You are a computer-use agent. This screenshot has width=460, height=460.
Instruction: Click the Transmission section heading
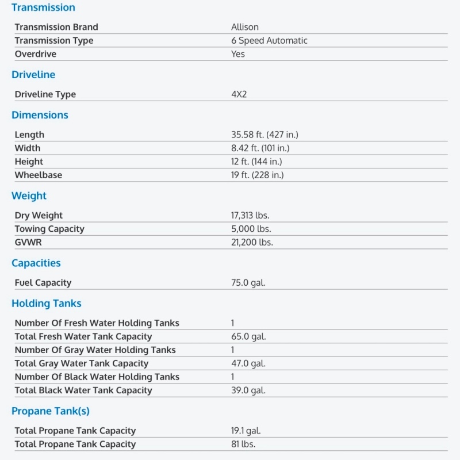tap(43, 7)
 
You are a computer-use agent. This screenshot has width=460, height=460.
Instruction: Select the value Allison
tap(245, 27)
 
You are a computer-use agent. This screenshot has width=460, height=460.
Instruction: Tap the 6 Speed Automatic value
tap(269, 41)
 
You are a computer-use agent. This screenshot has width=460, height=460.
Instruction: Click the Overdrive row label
tap(36, 54)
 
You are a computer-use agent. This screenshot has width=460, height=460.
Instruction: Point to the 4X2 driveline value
tap(239, 94)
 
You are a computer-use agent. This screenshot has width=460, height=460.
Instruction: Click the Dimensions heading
tap(40, 115)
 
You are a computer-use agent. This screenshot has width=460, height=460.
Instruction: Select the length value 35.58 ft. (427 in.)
tap(264, 135)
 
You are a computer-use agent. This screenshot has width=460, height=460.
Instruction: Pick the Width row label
tap(28, 148)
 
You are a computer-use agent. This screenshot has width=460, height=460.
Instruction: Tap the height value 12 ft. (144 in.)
tap(256, 162)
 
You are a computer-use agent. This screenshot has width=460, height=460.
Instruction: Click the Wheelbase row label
tap(39, 175)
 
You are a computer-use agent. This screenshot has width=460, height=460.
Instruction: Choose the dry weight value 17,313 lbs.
tap(250, 216)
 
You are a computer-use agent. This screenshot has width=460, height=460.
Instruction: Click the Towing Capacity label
tap(49, 229)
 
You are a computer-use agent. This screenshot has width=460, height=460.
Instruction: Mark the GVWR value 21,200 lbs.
tap(252, 242)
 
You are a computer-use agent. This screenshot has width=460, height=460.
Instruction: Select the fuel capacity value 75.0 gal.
tap(248, 283)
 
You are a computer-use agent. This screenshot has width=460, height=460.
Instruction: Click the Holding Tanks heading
tap(47, 304)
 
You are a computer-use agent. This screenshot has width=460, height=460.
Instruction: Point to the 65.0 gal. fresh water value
tap(248, 336)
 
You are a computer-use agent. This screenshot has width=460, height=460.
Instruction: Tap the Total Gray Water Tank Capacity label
tap(82, 363)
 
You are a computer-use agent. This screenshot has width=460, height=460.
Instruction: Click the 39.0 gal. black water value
tap(248, 390)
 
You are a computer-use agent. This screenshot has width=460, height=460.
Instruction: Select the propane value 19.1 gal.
tap(246, 431)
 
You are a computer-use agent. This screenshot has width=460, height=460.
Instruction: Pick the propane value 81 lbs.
tap(243, 444)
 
